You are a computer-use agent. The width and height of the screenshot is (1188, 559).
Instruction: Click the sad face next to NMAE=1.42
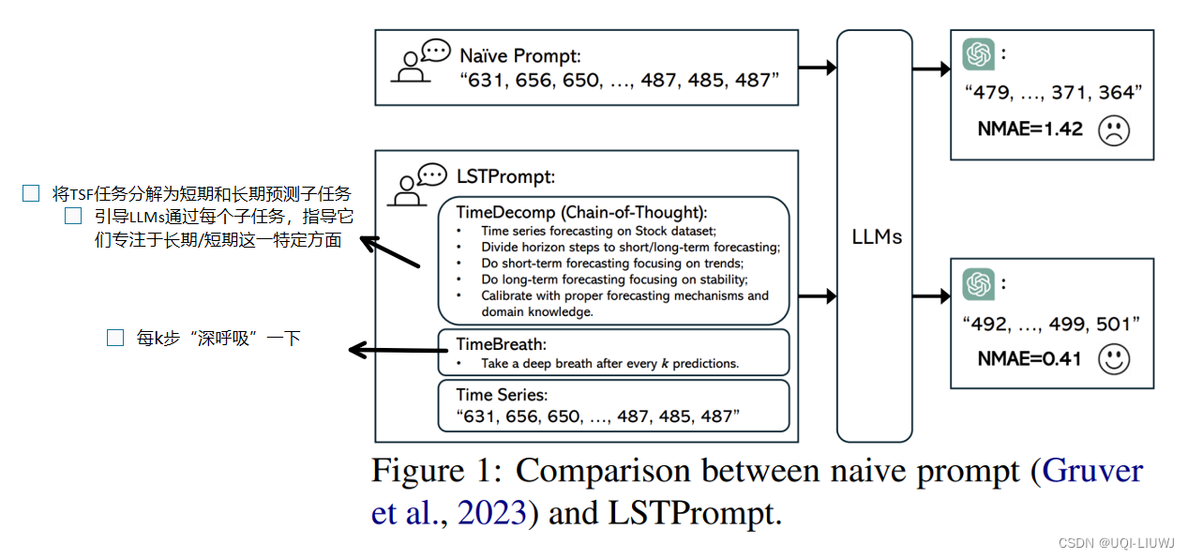point(1113,129)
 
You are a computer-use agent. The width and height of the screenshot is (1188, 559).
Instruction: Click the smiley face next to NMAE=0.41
point(1113,359)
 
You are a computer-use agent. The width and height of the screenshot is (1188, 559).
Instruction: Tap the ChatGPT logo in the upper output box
point(979,54)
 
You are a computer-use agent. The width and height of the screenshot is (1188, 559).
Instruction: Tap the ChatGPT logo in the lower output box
point(979,283)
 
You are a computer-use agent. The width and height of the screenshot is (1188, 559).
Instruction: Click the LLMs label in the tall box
point(876,236)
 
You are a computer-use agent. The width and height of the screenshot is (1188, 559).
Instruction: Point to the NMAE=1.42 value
point(1030,129)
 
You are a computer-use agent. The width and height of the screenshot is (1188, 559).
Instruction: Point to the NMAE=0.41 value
point(1030,359)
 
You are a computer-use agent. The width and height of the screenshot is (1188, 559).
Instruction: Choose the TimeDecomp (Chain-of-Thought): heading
point(581,212)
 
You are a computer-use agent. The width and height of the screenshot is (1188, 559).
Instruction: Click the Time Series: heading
point(502,395)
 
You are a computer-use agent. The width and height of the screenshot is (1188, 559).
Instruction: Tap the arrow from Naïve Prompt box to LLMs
point(817,67)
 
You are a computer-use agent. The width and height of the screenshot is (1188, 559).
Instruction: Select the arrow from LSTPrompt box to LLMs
point(817,296)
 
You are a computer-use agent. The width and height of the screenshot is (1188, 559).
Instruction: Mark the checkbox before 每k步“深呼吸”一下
point(115,339)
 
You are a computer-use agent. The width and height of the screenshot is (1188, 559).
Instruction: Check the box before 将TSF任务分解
point(31,194)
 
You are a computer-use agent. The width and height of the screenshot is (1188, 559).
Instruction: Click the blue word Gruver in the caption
point(1092,471)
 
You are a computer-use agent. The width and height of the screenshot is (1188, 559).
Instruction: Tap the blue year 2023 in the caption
point(491,513)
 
